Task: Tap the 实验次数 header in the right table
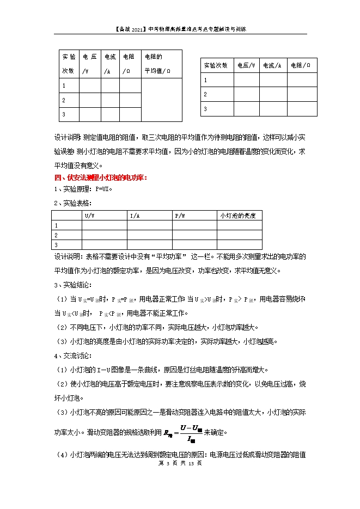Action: [216, 65]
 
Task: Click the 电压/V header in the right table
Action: [246, 65]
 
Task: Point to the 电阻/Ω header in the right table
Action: [301, 65]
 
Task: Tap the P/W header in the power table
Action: [180, 216]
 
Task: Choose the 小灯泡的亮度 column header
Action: [238, 216]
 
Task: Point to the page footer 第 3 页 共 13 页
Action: [180, 463]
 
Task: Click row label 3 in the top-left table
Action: [64, 114]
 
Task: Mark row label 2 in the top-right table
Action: [205, 94]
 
